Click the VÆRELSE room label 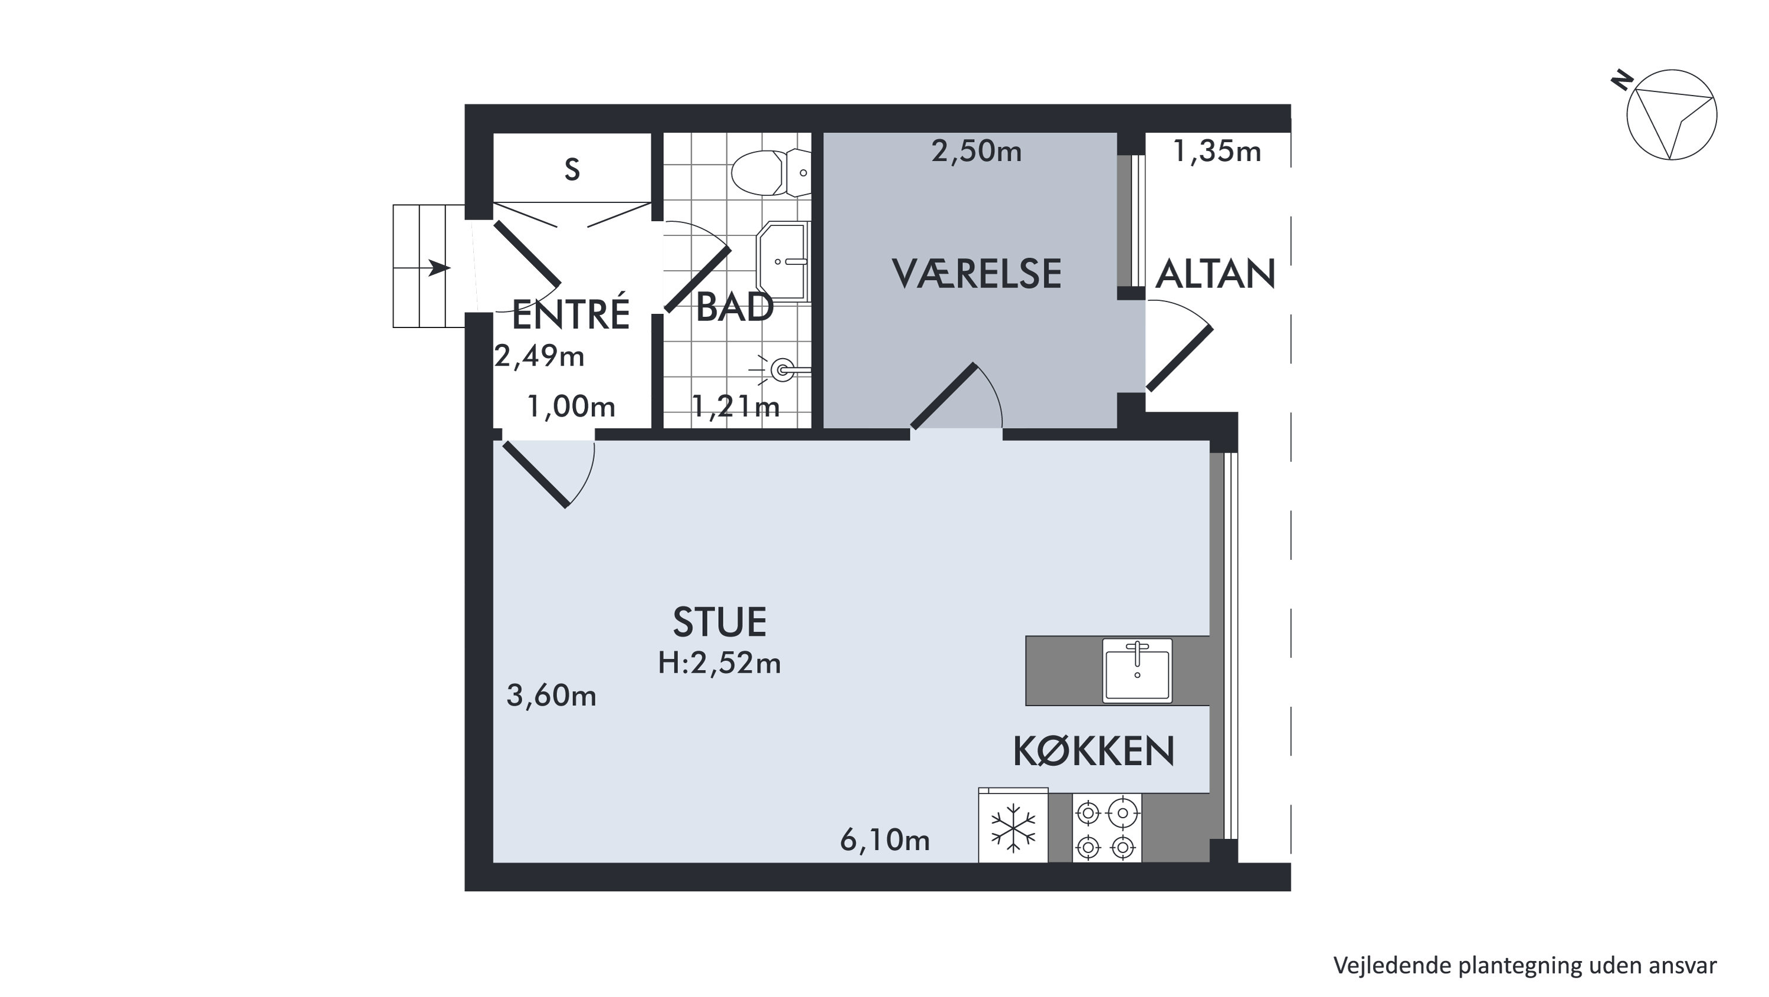click(x=977, y=273)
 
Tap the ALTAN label click(x=1216, y=274)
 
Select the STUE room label click(x=720, y=622)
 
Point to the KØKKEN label click(x=1094, y=750)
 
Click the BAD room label click(x=735, y=307)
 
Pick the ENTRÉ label click(x=571, y=314)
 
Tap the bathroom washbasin click(x=783, y=261)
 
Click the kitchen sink click(x=1137, y=670)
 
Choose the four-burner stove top click(x=1106, y=828)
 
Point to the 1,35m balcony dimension click(x=1217, y=152)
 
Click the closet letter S click(x=572, y=169)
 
